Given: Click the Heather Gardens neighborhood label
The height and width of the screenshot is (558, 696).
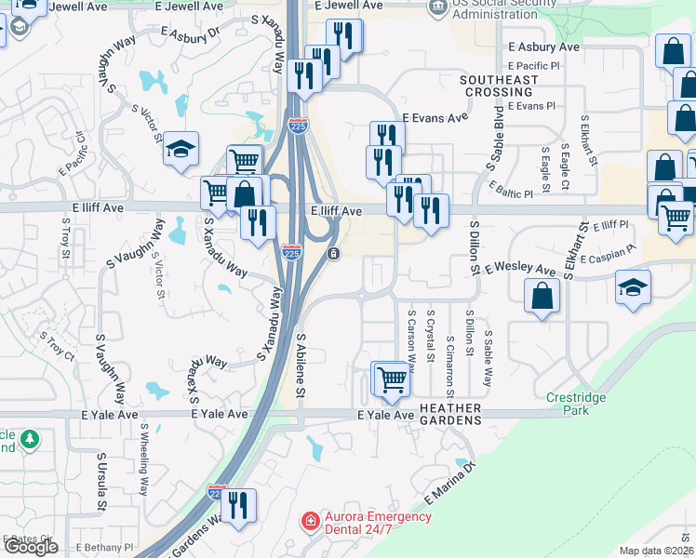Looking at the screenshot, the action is point(450,414).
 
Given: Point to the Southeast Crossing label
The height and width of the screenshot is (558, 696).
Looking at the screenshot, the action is point(499,86).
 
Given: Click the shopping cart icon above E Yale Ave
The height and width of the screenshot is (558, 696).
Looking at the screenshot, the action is point(393,379).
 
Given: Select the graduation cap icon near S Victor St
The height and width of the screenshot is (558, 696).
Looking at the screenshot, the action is point(181,148).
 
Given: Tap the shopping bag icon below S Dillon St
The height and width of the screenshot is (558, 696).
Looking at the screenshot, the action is point(542,298).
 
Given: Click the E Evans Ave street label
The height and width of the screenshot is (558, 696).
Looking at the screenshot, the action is point(435,118).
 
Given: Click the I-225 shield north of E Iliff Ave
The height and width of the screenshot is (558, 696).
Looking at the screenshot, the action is point(298,126).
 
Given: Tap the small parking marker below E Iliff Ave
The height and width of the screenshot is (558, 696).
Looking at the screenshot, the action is point(333,253).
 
